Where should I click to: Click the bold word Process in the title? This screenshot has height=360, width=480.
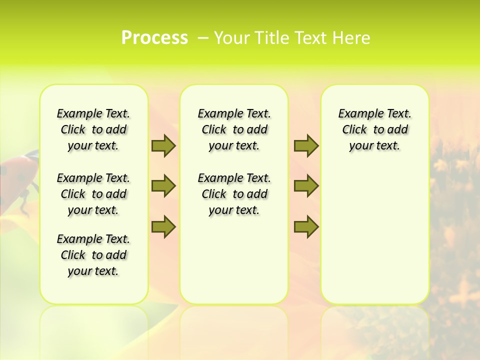pyautogui.click(x=154, y=38)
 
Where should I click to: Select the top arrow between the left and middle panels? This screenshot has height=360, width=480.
pyautogui.click(x=163, y=145)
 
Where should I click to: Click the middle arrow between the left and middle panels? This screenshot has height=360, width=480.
pyautogui.click(x=163, y=186)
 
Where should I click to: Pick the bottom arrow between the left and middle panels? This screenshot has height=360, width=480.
pyautogui.click(x=163, y=226)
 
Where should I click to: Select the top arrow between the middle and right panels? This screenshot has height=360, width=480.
pyautogui.click(x=306, y=145)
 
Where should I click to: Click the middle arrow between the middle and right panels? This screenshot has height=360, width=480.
pyautogui.click(x=306, y=186)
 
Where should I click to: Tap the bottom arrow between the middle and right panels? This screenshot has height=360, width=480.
pyautogui.click(x=306, y=226)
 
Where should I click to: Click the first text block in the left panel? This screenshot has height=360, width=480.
pyautogui.click(x=93, y=129)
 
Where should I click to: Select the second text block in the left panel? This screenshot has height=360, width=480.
pyautogui.click(x=93, y=194)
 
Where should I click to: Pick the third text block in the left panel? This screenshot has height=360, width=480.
pyautogui.click(x=93, y=255)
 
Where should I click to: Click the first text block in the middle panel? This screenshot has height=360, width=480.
pyautogui.click(x=234, y=129)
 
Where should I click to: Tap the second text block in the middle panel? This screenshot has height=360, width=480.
pyautogui.click(x=234, y=194)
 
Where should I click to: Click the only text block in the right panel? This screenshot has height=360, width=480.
pyautogui.click(x=374, y=129)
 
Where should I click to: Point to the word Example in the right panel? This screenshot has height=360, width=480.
pyautogui.click(x=357, y=114)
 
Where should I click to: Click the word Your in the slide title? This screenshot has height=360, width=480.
pyautogui.click(x=231, y=38)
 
